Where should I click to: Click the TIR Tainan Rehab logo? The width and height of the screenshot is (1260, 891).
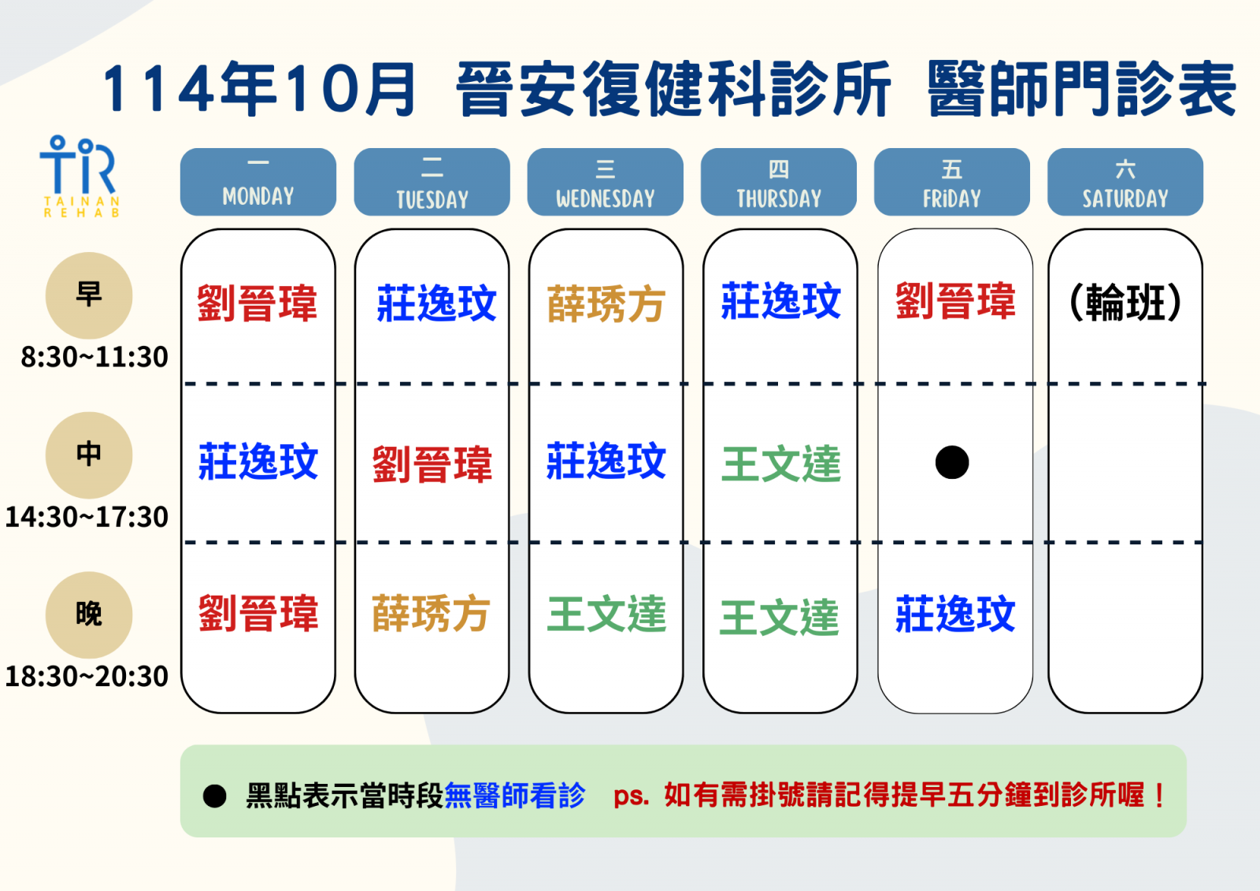[80, 176]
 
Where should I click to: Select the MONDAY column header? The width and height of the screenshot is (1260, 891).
[258, 182]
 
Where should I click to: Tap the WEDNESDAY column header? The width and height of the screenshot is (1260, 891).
[606, 182]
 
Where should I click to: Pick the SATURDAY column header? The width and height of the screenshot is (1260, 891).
[1125, 182]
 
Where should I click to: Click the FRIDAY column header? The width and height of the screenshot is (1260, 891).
[952, 182]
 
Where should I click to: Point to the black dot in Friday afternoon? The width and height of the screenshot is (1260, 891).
[952, 462]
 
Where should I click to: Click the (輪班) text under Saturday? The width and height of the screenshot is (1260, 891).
[1125, 303]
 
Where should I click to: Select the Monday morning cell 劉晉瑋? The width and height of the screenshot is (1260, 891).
[258, 303]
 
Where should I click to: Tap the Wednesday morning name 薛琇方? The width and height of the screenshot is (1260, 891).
[606, 304]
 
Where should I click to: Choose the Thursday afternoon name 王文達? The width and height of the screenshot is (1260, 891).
[780, 464]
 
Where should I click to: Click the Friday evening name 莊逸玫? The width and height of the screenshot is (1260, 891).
[955, 614]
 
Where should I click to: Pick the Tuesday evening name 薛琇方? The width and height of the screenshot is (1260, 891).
[431, 614]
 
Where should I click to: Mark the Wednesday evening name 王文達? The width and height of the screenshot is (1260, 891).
[606, 614]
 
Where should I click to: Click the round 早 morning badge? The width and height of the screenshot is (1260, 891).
[89, 295]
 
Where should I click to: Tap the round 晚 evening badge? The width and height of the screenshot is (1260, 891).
[89, 614]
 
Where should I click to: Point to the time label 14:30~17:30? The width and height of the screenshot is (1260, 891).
[87, 517]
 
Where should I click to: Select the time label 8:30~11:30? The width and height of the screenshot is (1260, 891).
[94, 357]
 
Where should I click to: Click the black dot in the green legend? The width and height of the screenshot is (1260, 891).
[214, 796]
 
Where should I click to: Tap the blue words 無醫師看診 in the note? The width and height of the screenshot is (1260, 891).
[515, 796]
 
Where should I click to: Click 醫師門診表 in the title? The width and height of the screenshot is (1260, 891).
[1081, 89]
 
